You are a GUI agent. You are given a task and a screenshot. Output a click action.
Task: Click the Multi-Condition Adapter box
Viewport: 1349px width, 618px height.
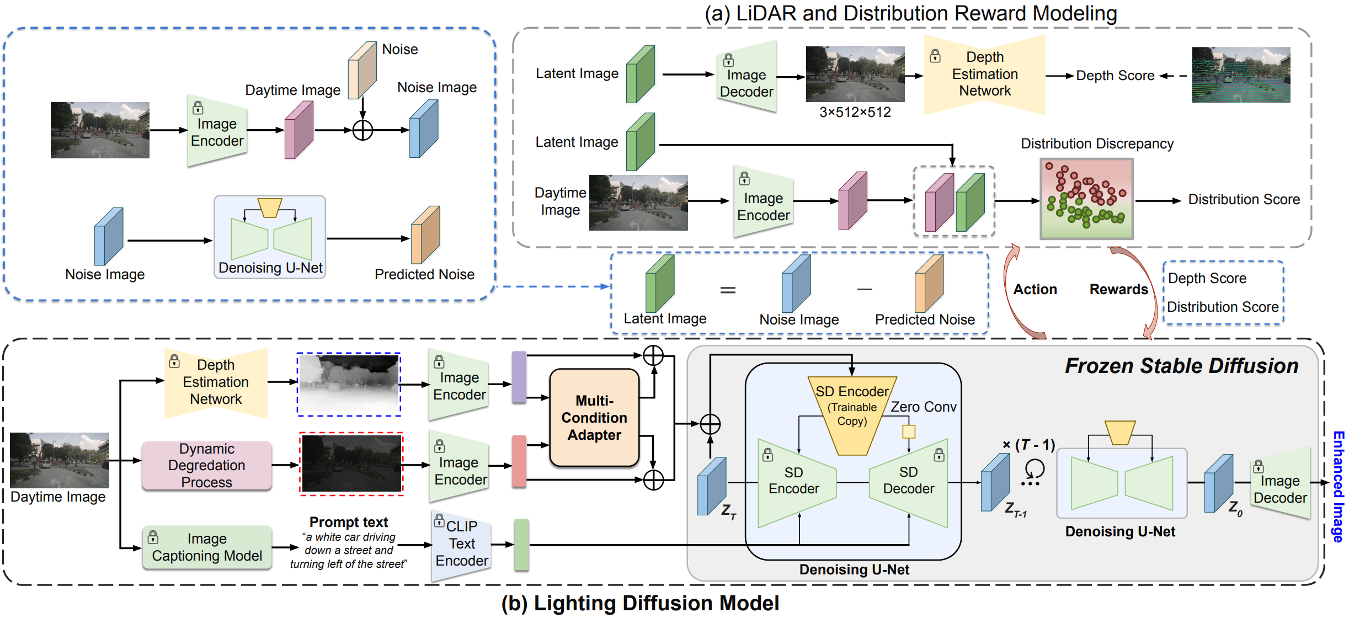[594, 417]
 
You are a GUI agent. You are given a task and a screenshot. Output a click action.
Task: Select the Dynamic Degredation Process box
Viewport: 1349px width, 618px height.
[206, 465]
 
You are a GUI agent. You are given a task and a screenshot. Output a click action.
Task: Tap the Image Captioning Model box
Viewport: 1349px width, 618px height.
[207, 547]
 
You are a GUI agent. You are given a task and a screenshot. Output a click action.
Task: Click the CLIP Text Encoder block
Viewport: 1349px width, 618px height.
[461, 544]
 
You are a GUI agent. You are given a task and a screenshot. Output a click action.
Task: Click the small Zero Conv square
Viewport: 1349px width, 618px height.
[908, 431]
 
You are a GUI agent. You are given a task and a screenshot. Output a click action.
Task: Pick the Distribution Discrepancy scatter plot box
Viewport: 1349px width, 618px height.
[1086, 199]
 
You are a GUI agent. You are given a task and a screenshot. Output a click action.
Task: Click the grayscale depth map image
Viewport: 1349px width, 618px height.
[349, 384]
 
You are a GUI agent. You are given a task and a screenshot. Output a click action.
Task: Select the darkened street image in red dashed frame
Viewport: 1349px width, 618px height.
[351, 464]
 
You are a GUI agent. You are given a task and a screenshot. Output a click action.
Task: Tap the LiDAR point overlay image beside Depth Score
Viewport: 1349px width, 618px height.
[1241, 75]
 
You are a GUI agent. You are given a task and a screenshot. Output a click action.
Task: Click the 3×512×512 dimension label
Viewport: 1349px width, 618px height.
[855, 113]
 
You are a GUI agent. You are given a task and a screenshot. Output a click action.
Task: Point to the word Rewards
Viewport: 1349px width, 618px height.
[1118, 289]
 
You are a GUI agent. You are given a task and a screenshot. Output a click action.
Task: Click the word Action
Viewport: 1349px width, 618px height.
[1035, 289]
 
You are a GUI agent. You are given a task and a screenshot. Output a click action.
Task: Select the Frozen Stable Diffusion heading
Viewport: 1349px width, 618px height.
[1181, 366]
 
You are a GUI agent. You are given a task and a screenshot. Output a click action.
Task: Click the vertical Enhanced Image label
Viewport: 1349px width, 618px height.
[1338, 486]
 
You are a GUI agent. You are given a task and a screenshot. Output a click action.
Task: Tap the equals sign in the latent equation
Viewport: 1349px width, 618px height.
[728, 290]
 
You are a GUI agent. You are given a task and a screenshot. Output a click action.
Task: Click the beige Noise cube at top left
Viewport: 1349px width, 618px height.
[362, 70]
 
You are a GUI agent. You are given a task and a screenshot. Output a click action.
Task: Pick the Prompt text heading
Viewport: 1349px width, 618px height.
[349, 521]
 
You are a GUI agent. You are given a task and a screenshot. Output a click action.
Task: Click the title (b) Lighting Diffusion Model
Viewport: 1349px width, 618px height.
[640, 603]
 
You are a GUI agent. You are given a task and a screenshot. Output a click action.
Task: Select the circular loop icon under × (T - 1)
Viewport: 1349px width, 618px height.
[1035, 470]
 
